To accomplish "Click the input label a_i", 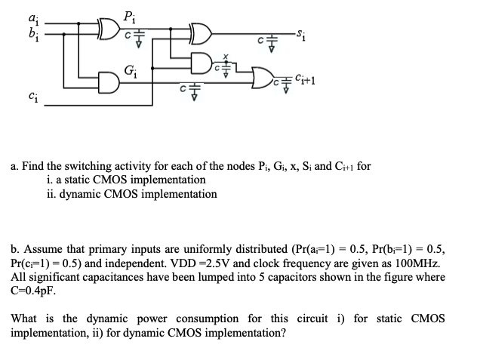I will click(x=31, y=17).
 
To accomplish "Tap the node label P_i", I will click(x=130, y=13).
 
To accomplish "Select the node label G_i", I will click(x=131, y=71).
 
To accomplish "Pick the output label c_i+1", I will click(x=304, y=77).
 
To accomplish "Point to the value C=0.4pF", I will click(x=33, y=290).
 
